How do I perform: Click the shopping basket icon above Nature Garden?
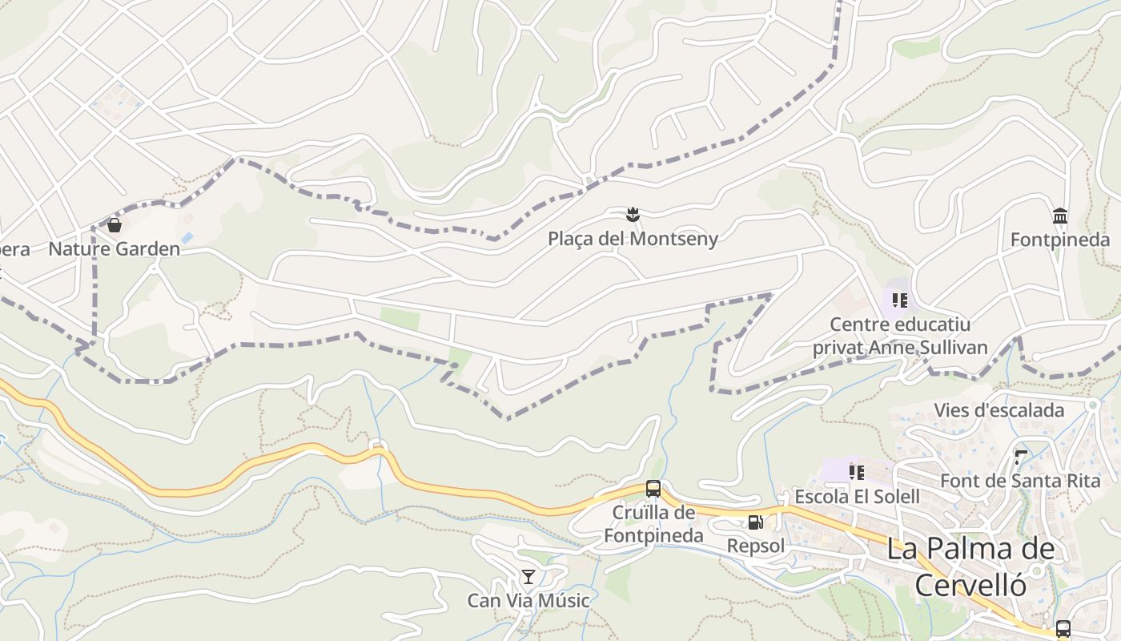115,225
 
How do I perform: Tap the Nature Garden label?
115,248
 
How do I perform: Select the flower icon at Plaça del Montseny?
633,214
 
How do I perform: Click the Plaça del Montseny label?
633,238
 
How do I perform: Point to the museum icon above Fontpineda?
1060,216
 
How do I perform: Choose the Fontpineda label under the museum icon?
1059,240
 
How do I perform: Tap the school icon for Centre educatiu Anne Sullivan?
900,300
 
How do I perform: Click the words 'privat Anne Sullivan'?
900,348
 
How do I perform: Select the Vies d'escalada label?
998,410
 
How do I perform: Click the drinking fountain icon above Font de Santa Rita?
1020,458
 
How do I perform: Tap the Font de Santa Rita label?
1019,481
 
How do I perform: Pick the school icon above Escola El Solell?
857,473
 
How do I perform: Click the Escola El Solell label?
857,497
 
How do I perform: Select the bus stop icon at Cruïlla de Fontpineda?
653,488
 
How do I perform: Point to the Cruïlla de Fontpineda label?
653,524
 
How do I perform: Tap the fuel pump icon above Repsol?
755,522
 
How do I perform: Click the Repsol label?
755,546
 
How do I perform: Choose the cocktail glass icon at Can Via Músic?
528,577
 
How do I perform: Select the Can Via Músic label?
528,601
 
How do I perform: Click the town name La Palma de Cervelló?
970,566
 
